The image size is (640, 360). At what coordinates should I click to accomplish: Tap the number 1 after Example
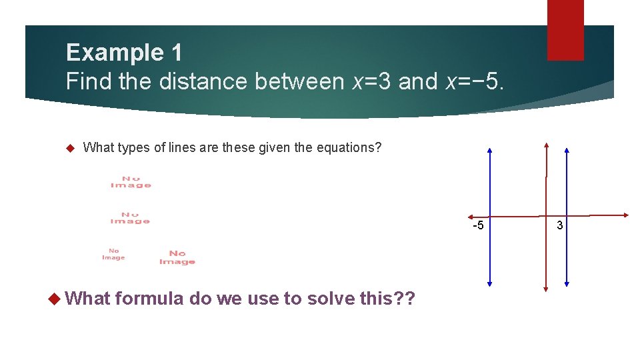pos(175,52)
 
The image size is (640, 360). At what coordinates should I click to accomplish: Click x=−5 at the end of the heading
pos(475,81)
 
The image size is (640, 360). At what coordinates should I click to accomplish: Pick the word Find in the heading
pos(89,81)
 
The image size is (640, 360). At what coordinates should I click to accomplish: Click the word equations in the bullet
pos(353,147)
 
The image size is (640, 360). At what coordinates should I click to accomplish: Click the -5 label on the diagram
pos(478,225)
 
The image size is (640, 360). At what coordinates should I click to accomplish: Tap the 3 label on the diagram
pos(560,225)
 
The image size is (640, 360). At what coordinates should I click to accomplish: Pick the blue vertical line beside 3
pos(566,253)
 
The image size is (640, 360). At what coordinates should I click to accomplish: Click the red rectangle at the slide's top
pos(565,30)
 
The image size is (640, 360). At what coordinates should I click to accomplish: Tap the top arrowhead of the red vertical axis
pos(546,145)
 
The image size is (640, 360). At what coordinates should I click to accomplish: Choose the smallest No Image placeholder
pos(113,255)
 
